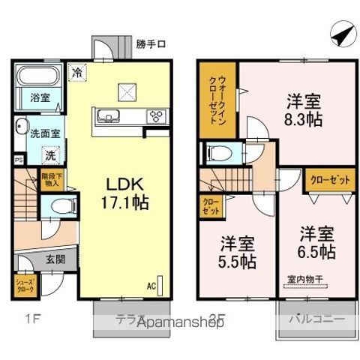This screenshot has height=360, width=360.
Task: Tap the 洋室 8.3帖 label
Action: click(x=304, y=109)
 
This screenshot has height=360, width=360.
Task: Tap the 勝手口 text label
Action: click(x=151, y=43)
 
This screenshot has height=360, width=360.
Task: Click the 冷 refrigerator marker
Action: click(x=77, y=73)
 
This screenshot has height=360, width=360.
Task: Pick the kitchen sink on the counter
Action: click(x=105, y=115)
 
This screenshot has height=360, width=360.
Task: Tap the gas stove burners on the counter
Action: click(x=157, y=115)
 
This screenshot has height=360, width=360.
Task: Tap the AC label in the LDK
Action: click(x=151, y=286)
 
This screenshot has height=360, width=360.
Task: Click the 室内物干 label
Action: click(x=304, y=280)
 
